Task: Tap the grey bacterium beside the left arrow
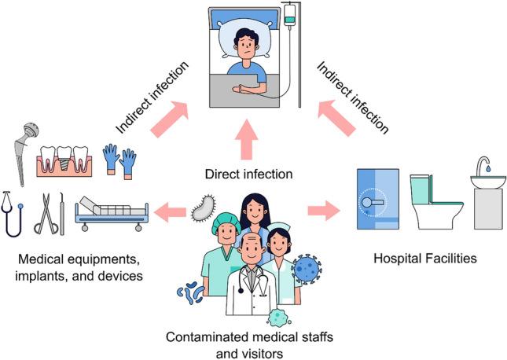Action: tap(201, 208)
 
